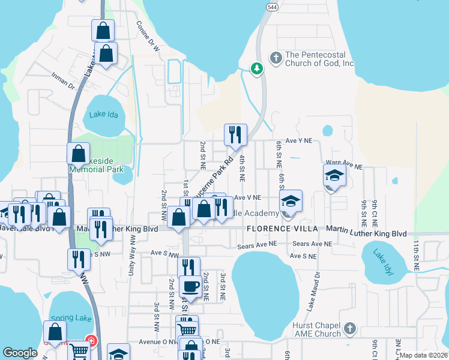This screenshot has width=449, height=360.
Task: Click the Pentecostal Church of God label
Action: tap(319, 59)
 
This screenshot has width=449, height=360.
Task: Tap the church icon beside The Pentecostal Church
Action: tap(276, 58)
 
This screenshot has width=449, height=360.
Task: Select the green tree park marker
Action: tap(257, 69)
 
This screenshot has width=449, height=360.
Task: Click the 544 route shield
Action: tap(272, 5)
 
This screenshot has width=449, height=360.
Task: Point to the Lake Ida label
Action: tap(101, 115)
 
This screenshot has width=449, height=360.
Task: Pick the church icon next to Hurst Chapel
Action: tap(351, 329)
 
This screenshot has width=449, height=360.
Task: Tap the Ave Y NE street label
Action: tap(299, 140)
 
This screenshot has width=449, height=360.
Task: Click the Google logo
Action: tap(20, 353)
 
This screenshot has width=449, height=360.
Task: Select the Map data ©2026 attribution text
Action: tap(423, 355)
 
